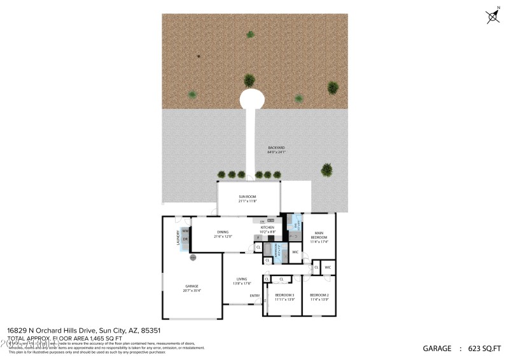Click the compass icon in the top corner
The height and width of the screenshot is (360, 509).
(x=493, y=17)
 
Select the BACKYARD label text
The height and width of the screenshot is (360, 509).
(x=276, y=150)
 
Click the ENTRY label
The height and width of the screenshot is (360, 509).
(x=254, y=295)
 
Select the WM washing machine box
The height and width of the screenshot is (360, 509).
(x=185, y=231)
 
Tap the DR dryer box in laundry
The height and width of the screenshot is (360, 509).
(x=185, y=240)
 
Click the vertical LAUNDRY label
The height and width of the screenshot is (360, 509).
(x=179, y=237)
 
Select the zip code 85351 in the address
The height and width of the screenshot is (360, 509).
(x=150, y=331)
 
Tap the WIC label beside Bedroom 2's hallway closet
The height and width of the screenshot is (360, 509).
(x=328, y=268)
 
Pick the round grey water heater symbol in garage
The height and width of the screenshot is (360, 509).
(x=192, y=258)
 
